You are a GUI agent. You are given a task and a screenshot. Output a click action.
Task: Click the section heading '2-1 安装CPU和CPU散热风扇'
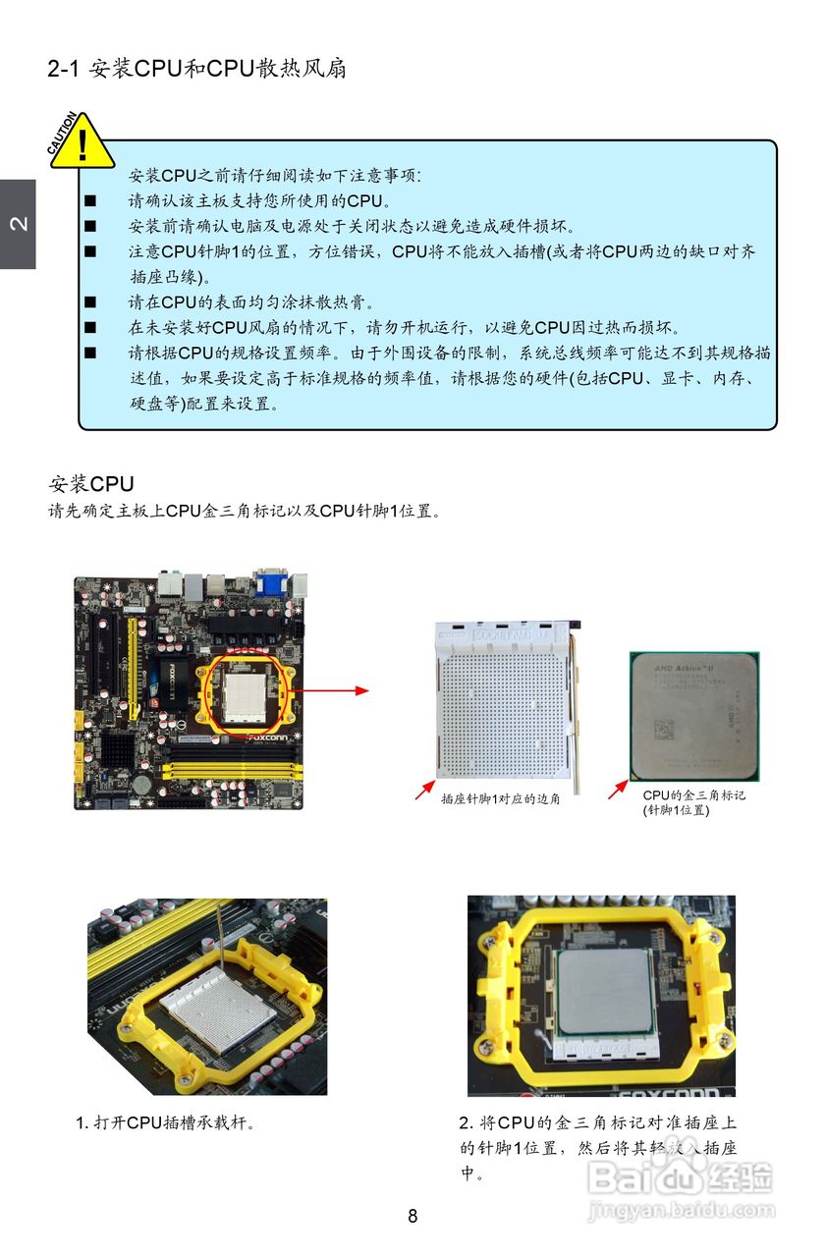coord(196,70)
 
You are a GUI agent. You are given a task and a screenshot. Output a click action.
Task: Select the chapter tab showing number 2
coord(18,224)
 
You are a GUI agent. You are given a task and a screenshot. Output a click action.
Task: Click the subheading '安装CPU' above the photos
coord(91,484)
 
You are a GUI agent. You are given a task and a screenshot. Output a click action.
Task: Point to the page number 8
coord(413,1216)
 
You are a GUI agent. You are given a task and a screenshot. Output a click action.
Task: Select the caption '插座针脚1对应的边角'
coord(500,799)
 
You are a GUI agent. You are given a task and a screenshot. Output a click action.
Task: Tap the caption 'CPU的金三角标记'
coord(693,795)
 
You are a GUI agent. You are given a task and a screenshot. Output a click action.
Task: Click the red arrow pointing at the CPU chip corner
coord(618,789)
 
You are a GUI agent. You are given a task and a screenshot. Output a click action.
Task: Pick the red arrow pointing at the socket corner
coord(424,789)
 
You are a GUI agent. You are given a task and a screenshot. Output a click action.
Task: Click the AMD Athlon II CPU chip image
coord(693,715)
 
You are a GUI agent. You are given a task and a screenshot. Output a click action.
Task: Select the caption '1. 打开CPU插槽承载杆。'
coord(167,1122)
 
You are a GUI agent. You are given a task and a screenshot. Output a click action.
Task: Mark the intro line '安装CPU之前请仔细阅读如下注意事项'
coord(275,176)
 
